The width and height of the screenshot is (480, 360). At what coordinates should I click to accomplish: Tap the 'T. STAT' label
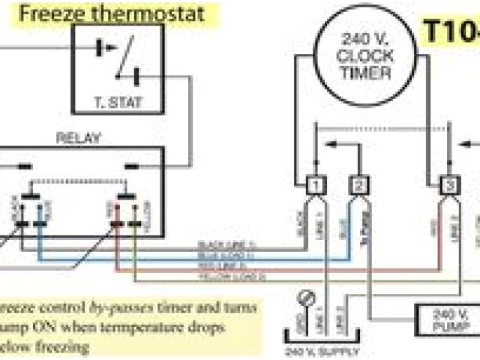click(x=118, y=100)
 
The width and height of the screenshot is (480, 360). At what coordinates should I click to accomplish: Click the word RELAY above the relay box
click(x=79, y=137)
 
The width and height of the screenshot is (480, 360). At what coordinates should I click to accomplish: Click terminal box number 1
click(x=316, y=184)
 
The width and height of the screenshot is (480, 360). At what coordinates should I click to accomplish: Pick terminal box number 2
click(x=359, y=184)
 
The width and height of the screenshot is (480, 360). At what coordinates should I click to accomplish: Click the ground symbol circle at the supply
click(x=304, y=295)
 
